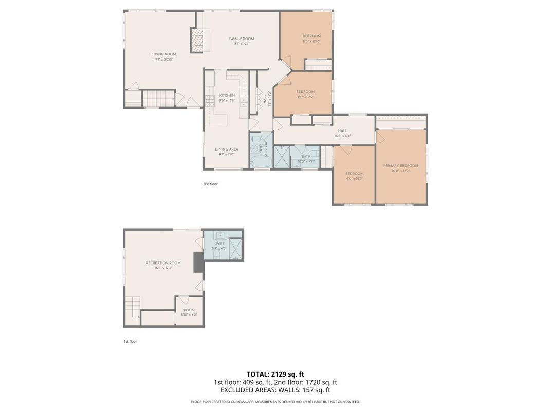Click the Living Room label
click(x=163, y=54)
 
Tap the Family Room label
click(x=241, y=39)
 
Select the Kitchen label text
click(x=227, y=96)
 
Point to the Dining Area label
click(x=226, y=149)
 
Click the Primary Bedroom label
click(x=400, y=166)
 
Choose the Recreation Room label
click(x=163, y=263)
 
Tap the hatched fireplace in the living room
click(x=197, y=40)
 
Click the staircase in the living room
click(x=158, y=98)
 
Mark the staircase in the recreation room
click(x=133, y=308)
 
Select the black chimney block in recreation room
click(x=198, y=262)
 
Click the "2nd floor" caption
click(x=210, y=183)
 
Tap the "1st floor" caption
click(x=130, y=341)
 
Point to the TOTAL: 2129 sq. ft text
click(x=275, y=374)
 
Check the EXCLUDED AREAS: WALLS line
click(x=275, y=390)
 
